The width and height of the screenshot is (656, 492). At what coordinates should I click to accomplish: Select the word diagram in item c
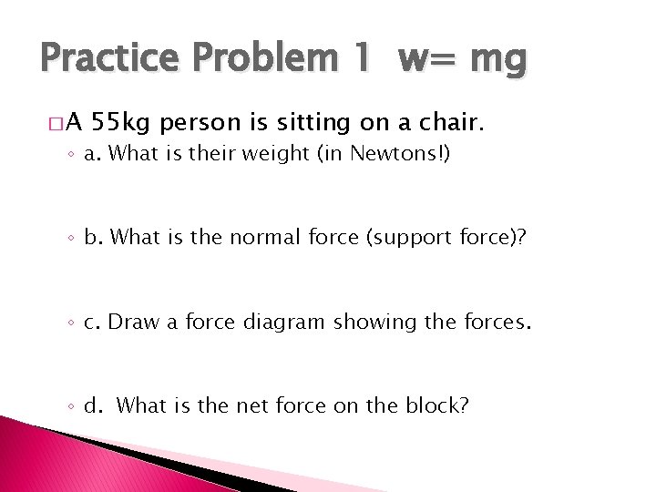point(282,321)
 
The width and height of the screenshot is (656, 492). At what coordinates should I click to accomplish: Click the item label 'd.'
point(93,405)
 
